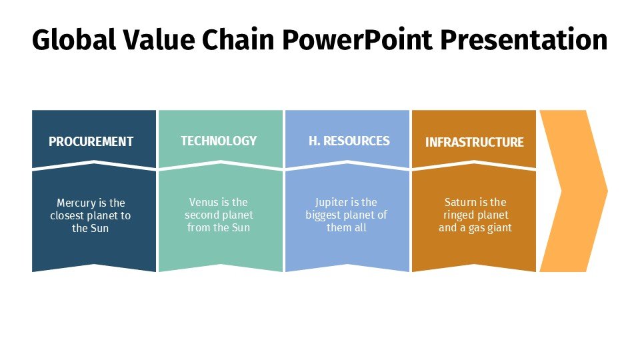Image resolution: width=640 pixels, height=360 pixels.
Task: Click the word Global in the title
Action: coord(74,39)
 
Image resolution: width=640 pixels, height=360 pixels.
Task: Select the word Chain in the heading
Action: coord(238,39)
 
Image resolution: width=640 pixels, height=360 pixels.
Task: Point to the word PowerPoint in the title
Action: coord(357,39)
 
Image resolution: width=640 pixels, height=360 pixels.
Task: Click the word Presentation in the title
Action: coord(524,39)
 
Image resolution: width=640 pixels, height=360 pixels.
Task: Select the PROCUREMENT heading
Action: coord(91,141)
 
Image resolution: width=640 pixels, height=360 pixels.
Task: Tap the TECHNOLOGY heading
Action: coord(219,141)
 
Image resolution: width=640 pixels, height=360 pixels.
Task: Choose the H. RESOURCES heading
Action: coord(349,141)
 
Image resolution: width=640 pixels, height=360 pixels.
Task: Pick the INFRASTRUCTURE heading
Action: coord(474,142)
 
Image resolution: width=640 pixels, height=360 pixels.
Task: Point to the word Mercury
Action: coord(76,203)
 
